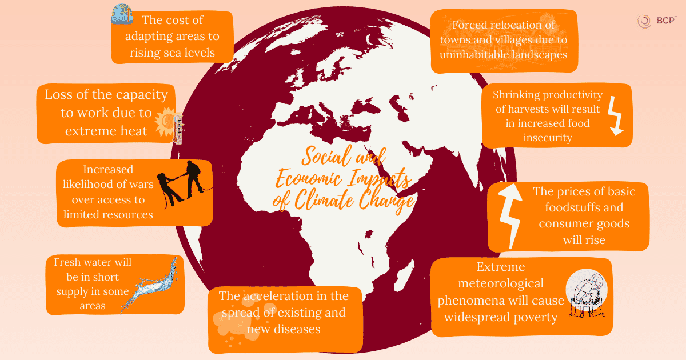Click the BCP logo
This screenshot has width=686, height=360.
coord(656,21)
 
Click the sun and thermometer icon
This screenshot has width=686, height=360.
coord(170,126)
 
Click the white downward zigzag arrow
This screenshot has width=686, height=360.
coord(614,115)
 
